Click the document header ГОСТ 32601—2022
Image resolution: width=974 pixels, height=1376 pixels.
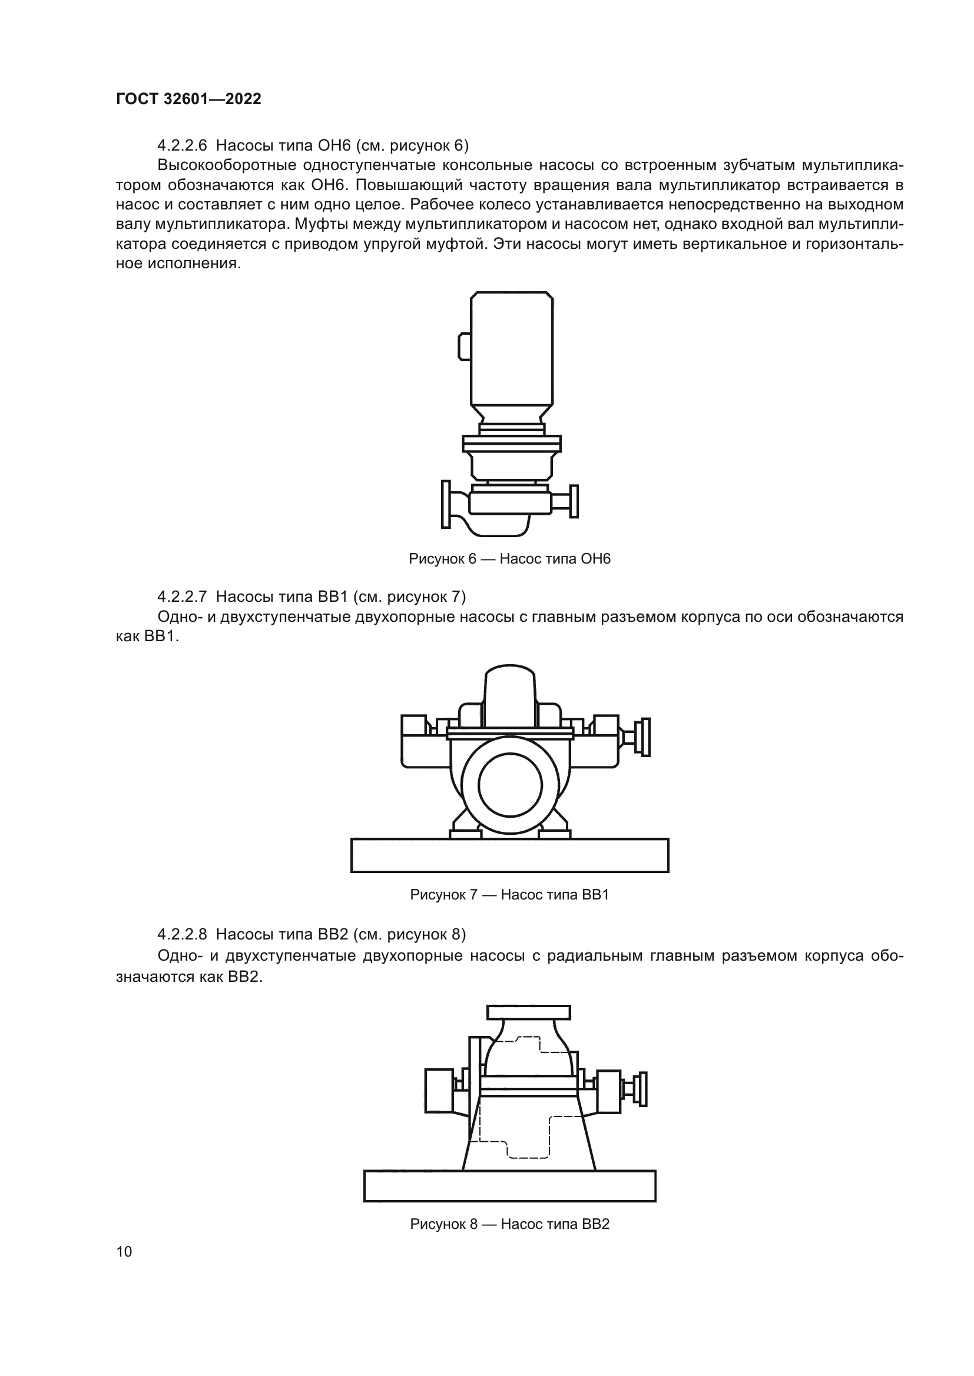click(188, 99)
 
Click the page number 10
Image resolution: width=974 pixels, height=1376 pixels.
click(124, 1251)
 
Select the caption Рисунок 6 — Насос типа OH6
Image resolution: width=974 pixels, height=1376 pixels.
click(509, 559)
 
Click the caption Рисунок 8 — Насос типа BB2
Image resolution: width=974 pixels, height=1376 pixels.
click(509, 1224)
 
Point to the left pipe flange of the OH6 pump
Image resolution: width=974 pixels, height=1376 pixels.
click(446, 504)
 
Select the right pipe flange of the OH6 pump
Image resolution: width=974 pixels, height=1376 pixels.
click(574, 501)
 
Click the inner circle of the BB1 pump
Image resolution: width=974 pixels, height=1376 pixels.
click(510, 785)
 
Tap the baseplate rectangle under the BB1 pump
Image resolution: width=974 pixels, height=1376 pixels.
click(509, 855)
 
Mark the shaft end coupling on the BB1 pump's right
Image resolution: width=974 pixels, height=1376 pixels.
click(645, 737)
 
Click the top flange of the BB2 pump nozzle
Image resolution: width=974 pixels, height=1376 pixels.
click(528, 1012)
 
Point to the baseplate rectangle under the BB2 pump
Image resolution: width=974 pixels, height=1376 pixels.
click(509, 1186)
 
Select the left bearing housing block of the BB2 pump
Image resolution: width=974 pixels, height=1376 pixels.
click(439, 1091)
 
